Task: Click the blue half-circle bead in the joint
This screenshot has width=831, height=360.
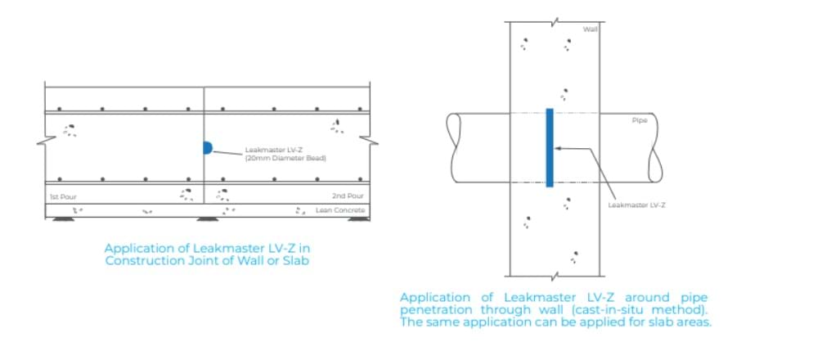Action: (208, 148)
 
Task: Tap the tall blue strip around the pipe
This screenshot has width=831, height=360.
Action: (550, 147)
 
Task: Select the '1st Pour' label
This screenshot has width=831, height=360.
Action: (63, 196)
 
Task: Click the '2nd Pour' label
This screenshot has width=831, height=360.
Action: (348, 196)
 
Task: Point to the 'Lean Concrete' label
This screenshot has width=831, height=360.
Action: (340, 211)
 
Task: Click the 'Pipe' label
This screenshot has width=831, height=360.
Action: (640, 120)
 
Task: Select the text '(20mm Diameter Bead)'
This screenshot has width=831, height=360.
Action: (285, 158)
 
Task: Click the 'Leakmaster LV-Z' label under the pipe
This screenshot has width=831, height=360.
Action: (637, 205)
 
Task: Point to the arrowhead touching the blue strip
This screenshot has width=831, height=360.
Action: (557, 148)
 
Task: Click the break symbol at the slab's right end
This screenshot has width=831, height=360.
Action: (373, 142)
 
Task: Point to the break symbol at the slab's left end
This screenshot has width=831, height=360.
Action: (42, 143)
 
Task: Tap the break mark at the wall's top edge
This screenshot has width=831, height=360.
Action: (555, 19)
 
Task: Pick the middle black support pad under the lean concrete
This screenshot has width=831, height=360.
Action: (208, 219)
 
